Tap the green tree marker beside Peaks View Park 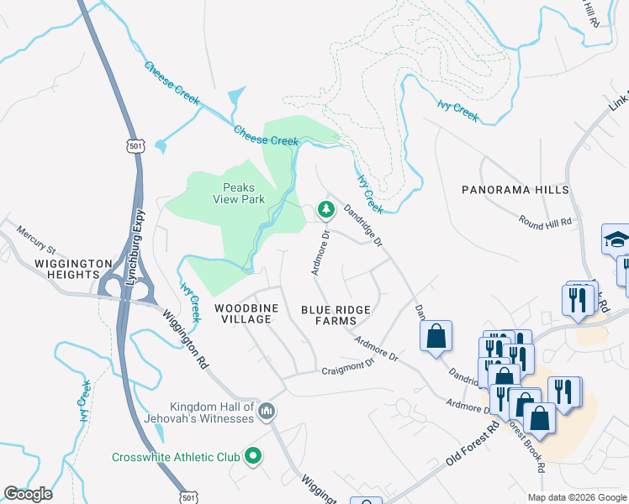(x=324, y=208)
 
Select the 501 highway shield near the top (x=136, y=147)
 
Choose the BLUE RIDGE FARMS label (x=336, y=316)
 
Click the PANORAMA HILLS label (x=515, y=191)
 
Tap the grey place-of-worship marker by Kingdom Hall (x=267, y=410)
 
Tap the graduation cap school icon (x=616, y=240)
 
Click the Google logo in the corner (x=28, y=494)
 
